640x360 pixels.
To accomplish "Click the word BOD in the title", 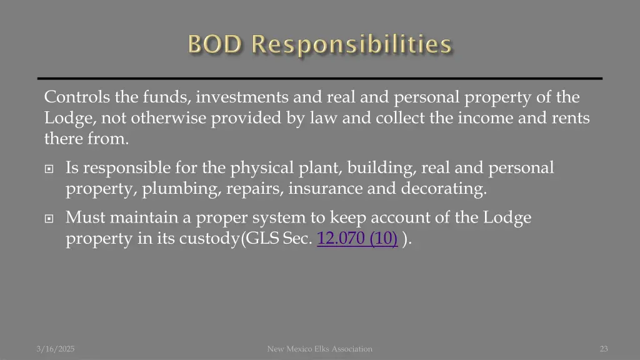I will pyautogui.click(x=216, y=44).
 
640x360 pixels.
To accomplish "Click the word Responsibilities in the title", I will pyautogui.click(x=352, y=44).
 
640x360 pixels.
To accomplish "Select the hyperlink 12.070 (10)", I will pyautogui.click(x=357, y=239).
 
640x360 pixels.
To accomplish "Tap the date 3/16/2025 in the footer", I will pyautogui.click(x=55, y=349).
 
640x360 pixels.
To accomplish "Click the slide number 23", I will pyautogui.click(x=603, y=349).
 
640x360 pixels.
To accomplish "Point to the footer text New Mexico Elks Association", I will pyautogui.click(x=319, y=349).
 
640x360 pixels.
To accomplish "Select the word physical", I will pyautogui.click(x=258, y=168).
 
